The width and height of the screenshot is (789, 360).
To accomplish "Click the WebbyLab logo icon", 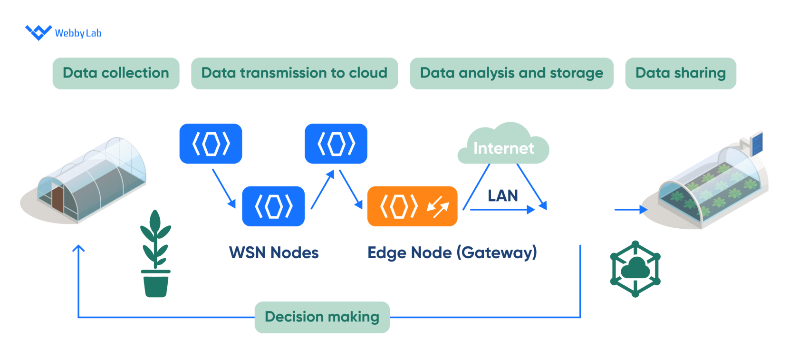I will tap(38, 32).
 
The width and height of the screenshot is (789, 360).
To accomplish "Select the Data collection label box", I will tap(116, 73).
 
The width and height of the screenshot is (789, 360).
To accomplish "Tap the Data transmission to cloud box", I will tap(294, 73).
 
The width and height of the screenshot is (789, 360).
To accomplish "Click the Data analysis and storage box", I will tap(511, 73).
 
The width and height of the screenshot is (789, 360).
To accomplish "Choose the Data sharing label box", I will tap(680, 73).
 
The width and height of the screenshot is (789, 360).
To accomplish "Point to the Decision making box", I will tap(322, 317).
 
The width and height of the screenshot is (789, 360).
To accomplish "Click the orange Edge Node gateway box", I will tap(412, 206).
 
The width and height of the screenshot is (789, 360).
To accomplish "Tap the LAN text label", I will tap(502, 195).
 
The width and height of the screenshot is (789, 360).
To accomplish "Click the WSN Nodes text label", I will tap(274, 253).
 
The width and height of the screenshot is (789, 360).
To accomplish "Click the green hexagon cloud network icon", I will tap(635, 269).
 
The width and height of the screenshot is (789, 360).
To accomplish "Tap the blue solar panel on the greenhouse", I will tap(756, 143).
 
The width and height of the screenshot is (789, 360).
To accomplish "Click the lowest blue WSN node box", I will tap(273, 206).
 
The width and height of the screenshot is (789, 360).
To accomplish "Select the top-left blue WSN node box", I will tap(211, 144).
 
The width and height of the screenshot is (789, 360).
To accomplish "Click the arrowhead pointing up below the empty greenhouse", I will tap(78, 249).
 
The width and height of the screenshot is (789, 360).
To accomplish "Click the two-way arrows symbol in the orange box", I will tap(438, 207).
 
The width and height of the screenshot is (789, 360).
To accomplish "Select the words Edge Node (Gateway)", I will tap(452, 253).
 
